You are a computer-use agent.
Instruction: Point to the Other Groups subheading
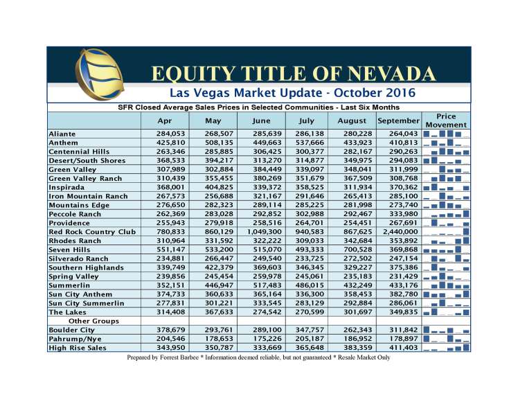tap(94, 321)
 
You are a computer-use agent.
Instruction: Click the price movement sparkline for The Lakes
tap(446, 312)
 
